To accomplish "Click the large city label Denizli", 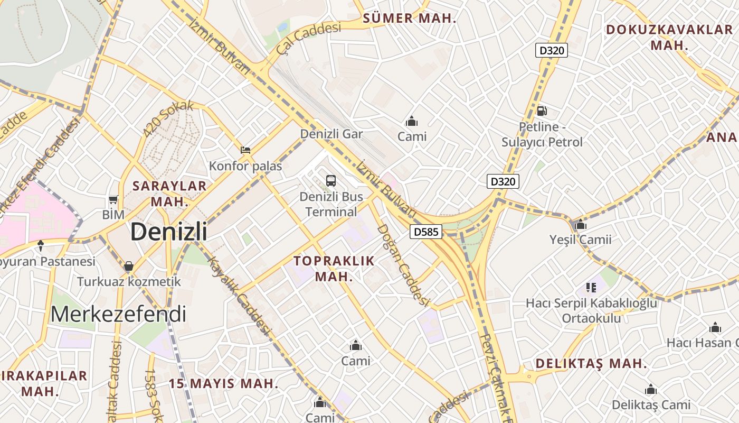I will [168, 232].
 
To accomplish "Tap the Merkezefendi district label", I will [118, 314].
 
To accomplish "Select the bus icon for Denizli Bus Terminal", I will [331, 180].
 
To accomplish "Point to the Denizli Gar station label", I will [331, 134].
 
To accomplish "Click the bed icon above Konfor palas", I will [245, 150].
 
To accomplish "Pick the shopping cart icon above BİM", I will [113, 199].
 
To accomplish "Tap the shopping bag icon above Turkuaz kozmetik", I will [129, 265].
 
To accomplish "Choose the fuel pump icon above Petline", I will [542, 111].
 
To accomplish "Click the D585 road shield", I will [425, 232].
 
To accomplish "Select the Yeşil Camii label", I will [580, 240].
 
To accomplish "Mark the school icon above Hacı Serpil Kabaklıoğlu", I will [591, 288].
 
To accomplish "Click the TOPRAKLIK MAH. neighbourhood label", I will [334, 269].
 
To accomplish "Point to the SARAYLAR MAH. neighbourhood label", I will [169, 194].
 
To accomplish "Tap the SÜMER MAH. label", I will [410, 19].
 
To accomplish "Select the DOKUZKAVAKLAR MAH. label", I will [669, 37].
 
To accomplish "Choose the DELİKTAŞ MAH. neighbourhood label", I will [591, 364].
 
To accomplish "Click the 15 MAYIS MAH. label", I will [223, 384].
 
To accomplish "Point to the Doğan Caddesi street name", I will [402, 265].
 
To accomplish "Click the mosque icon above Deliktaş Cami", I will [651, 390].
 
